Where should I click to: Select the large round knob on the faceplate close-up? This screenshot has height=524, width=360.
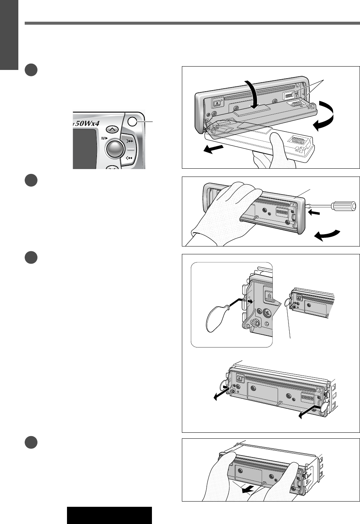click(115, 148)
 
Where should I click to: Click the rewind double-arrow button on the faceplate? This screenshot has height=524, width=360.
click(129, 158)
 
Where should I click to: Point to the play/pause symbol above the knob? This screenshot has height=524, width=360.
click(104, 138)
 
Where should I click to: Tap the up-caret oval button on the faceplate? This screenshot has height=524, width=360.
click(112, 129)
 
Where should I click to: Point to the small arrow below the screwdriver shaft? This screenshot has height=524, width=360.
click(314, 213)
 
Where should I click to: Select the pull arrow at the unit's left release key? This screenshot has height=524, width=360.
click(221, 392)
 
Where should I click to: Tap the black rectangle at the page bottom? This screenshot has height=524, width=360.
click(109, 515)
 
